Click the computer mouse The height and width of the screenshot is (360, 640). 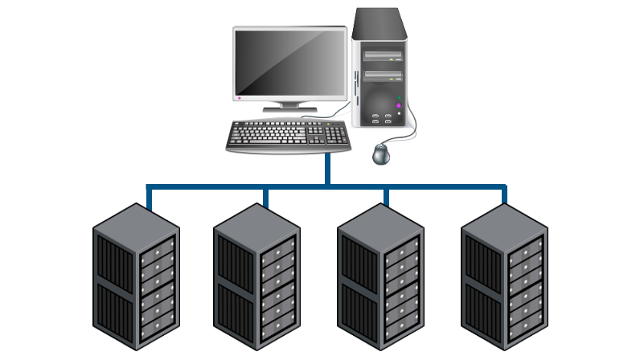click(x=381, y=153)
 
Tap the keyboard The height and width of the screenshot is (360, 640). click(x=289, y=135)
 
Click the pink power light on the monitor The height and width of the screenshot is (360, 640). click(x=239, y=98)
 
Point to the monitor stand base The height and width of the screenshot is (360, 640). click(x=290, y=107)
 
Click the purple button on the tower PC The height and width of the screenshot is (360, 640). click(x=398, y=105)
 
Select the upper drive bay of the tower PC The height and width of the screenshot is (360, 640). click(x=382, y=56)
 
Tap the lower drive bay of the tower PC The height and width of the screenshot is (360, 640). click(x=382, y=76)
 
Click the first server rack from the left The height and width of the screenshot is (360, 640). click(x=136, y=277)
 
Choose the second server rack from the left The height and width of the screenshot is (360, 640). click(x=256, y=277)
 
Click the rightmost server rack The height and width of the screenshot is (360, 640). click(x=504, y=277)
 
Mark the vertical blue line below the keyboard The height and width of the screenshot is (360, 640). click(x=327, y=168)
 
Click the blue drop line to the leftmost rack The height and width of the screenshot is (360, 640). click(x=149, y=196)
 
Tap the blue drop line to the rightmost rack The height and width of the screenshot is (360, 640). click(x=504, y=194)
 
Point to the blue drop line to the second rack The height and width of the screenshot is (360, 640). click(x=265, y=196)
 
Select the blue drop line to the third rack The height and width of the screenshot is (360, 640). click(x=386, y=196)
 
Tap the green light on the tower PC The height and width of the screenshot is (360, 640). click(x=400, y=97)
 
